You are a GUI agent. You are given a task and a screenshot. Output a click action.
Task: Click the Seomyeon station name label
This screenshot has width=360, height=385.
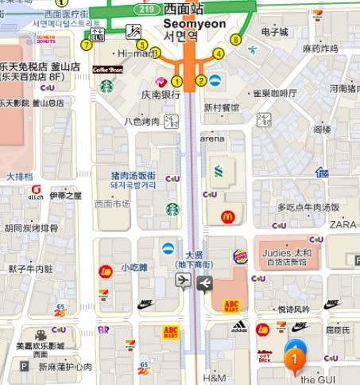coord(194,24)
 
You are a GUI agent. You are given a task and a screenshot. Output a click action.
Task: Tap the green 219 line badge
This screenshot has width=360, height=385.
coord(145,8)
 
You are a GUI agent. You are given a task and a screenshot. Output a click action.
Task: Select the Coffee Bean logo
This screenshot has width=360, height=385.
coord(107,70)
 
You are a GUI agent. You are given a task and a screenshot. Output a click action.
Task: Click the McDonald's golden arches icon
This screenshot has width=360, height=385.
coord(227,216)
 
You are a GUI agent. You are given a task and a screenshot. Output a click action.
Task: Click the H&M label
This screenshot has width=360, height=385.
coord(215,377)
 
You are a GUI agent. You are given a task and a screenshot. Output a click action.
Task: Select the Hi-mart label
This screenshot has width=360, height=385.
coord(134,53)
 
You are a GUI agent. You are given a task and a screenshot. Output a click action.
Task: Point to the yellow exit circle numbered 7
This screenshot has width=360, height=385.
coord(86,45)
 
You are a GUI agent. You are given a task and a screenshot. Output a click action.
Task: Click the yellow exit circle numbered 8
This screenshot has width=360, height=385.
coord(235,37)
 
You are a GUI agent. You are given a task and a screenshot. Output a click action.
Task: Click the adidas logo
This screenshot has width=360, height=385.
coord(238,326)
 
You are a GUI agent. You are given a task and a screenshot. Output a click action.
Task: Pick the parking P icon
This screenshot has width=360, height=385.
coord(24,367)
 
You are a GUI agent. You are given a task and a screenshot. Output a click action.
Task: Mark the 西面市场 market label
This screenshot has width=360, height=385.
coord(112,204)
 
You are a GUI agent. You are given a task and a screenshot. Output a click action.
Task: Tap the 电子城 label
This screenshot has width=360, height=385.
coord(273,32)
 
